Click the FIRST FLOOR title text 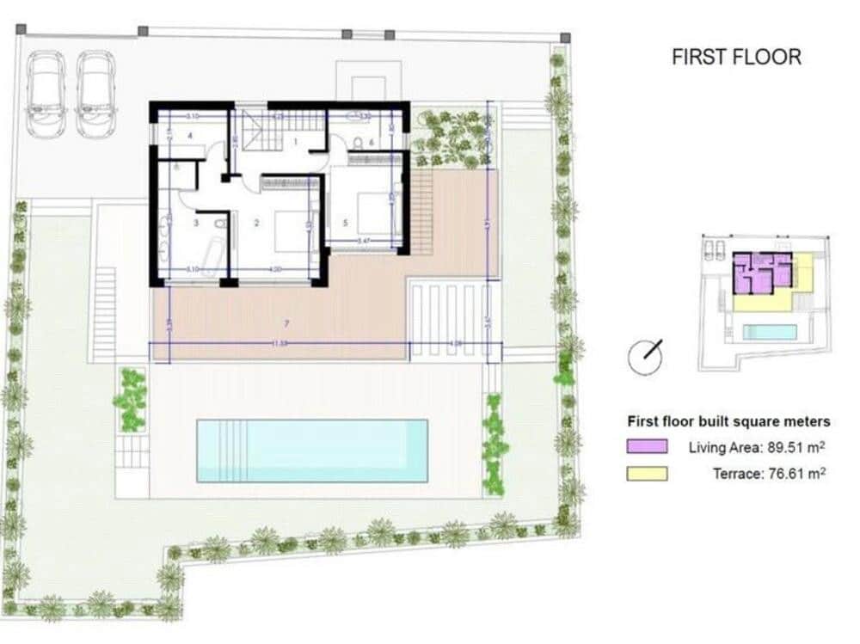tap(736, 58)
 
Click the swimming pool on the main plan tap(312, 451)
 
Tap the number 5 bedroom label tap(345, 223)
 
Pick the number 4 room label tap(187, 136)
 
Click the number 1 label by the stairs tap(295, 140)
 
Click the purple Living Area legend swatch tap(647, 447)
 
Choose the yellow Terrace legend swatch tap(647, 473)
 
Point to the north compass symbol tap(645, 356)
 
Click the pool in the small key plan tap(770, 332)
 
